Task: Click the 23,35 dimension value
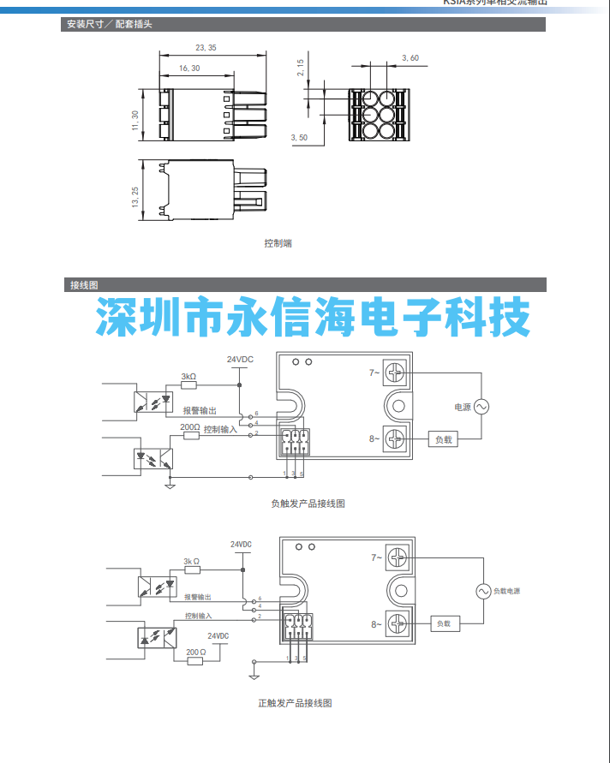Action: pos(206,48)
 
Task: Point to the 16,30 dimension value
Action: pos(189,68)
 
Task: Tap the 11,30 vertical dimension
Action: pos(135,120)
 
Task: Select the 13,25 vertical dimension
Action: pos(135,198)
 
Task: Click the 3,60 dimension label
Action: pos(410,58)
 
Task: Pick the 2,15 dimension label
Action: pos(301,69)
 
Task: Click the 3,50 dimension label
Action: pos(299,137)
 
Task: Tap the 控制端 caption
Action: pos(278,243)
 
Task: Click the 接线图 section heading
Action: pos(84,285)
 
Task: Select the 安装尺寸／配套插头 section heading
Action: pos(110,25)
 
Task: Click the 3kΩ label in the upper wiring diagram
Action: pos(188,376)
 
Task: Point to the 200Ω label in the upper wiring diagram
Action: pos(189,426)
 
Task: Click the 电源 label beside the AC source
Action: pos(463,407)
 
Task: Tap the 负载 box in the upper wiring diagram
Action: pos(443,439)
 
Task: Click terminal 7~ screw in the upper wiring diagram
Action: pos(395,373)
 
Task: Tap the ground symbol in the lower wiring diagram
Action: pos(254,676)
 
